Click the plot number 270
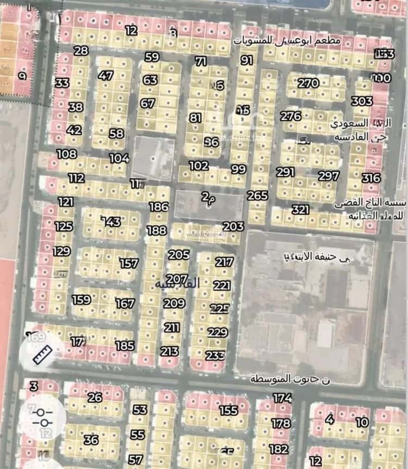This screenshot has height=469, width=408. coord(308,83)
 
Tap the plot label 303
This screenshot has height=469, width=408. coord(362,101)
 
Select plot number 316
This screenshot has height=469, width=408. coord(371,178)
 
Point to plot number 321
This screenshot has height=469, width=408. coord(300,210)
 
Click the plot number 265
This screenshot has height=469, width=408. coord(257,196)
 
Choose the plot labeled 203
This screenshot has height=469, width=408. coord(233,227)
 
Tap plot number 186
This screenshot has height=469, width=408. coord(159,207)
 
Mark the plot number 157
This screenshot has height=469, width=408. coord(129,264)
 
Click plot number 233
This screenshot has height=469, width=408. coord(215,355)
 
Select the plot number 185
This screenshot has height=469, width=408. coord(125,345)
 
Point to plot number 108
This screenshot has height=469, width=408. coord(66,154)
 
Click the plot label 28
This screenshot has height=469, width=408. coord(81,51)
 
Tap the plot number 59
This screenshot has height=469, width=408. coord(152,57)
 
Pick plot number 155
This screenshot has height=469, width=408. coord(228,410)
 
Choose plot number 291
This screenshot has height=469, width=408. coord(286,172)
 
